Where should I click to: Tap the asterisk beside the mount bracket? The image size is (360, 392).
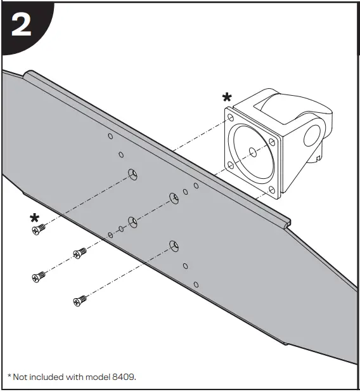pyautogui.click(x=226, y=98)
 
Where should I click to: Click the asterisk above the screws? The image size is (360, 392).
pyautogui.click(x=34, y=218)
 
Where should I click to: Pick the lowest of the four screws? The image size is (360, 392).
pyautogui.click(x=79, y=300)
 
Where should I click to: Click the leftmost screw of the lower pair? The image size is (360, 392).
pyautogui.click(x=39, y=276)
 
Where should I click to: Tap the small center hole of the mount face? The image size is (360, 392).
pyautogui.click(x=252, y=152)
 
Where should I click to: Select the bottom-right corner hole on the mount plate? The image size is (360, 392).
pyautogui.click(x=272, y=189)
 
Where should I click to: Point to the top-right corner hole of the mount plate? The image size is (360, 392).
pyautogui.click(x=271, y=141)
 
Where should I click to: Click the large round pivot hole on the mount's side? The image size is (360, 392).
pyautogui.click(x=312, y=135)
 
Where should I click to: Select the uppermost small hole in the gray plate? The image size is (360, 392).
pyautogui.click(x=110, y=136)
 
